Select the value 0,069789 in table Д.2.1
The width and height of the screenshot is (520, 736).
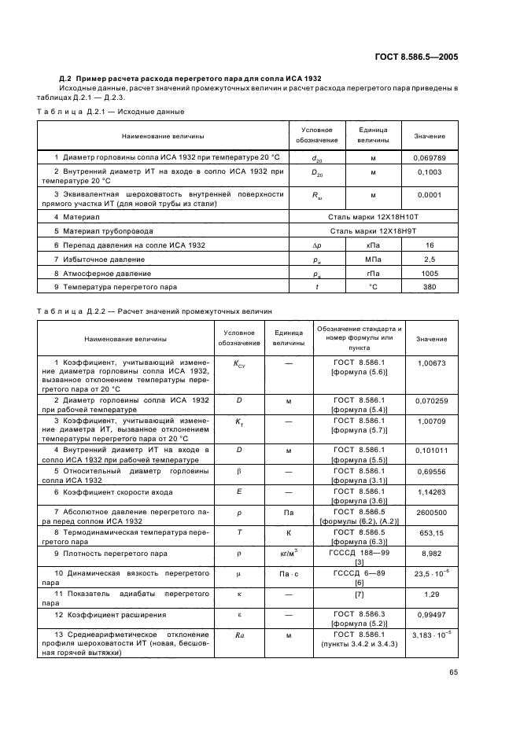[x=429, y=158]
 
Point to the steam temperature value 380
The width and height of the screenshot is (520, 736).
[x=429, y=288]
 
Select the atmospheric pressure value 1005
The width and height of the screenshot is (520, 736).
[x=429, y=274]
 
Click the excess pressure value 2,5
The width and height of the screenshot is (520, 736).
[x=429, y=259]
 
